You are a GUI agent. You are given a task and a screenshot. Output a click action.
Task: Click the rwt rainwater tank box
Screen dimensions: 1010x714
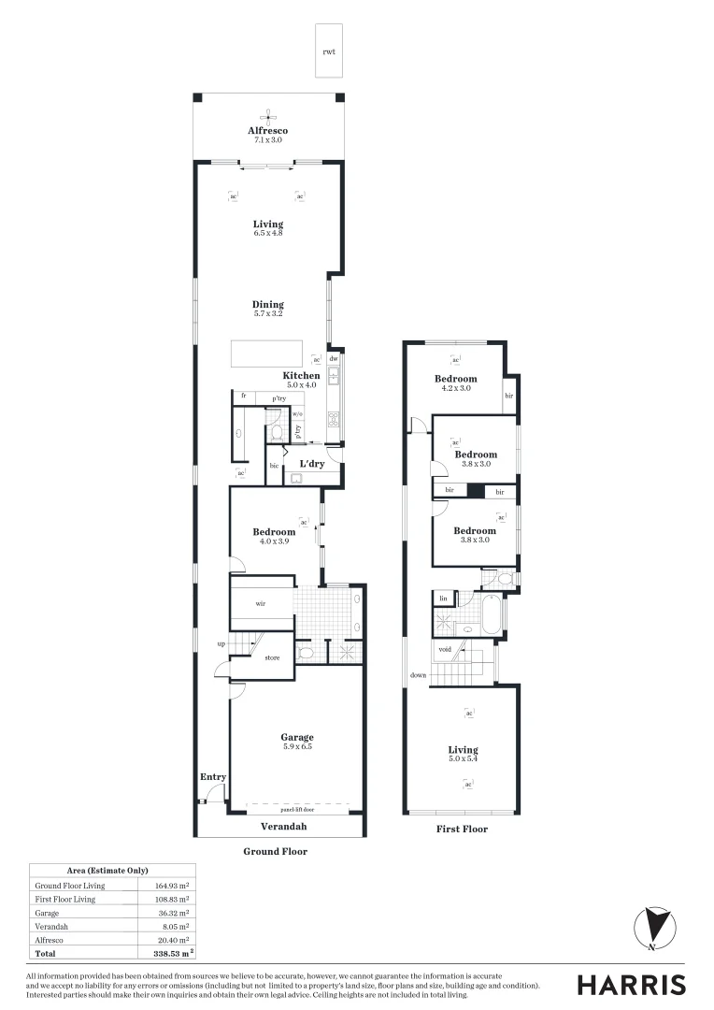329,50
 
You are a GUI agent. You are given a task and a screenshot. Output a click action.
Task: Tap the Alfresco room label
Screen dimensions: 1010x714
267,130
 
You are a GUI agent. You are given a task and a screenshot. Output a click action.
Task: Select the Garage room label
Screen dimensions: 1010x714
298,737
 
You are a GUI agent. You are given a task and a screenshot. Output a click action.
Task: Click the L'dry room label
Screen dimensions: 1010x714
311,464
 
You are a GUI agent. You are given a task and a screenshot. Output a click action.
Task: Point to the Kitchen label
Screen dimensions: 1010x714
301,376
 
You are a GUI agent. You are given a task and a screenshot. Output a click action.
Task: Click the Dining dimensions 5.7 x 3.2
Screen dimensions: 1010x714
267,314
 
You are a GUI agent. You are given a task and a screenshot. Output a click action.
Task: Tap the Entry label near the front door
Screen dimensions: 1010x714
213,777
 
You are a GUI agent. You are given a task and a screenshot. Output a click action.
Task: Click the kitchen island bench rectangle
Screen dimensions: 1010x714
267,353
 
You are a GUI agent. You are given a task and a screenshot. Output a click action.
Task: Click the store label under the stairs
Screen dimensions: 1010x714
272,657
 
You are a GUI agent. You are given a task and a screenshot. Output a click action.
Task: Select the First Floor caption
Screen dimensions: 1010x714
462,829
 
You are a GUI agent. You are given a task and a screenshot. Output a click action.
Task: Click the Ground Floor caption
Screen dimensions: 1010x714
275,851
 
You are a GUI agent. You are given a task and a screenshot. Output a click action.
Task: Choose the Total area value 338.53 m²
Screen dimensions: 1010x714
172,954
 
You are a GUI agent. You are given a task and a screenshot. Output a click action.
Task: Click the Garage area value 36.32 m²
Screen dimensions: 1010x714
172,913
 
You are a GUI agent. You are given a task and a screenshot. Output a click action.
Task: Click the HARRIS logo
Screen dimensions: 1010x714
631,984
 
